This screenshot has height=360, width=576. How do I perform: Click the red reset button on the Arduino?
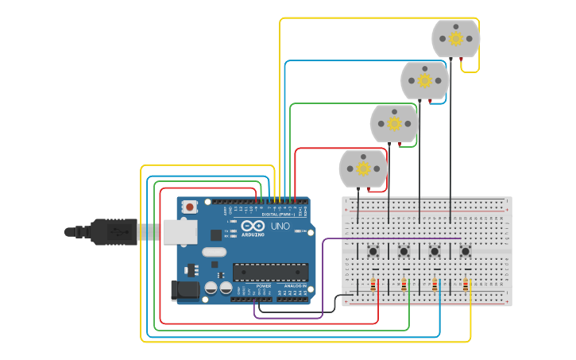pyautogui.click(x=189, y=207)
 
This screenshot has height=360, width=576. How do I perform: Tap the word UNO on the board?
pyautogui.click(x=280, y=226)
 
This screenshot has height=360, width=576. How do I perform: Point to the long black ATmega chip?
pyautogui.click(x=270, y=273)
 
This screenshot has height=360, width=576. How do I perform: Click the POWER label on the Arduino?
pyautogui.click(x=264, y=286)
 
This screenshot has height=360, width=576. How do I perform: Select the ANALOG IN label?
pyautogui.click(x=295, y=286)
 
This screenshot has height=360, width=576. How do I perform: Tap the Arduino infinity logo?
pyautogui.click(x=253, y=225)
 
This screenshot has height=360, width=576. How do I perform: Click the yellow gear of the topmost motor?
pyautogui.click(x=456, y=38)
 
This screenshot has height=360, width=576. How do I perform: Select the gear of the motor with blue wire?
pyautogui.click(x=424, y=80)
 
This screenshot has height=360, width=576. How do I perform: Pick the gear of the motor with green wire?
pyautogui.click(x=394, y=123)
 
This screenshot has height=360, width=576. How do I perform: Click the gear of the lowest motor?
pyautogui.click(x=363, y=168)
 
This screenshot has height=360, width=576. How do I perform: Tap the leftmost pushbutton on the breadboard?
pyautogui.click(x=373, y=252)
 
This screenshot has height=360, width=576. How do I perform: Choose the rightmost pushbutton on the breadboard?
pyautogui.click(x=466, y=252)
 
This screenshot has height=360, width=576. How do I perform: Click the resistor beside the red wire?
pyautogui.click(x=373, y=285)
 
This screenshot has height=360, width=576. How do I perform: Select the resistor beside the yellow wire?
pyautogui.click(x=465, y=285)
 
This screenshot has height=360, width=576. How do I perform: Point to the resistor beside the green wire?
pyautogui.click(x=404, y=285)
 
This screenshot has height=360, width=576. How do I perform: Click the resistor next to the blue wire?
pyautogui.click(x=435, y=285)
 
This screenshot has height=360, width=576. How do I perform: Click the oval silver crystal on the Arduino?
pyautogui.click(x=214, y=252)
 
